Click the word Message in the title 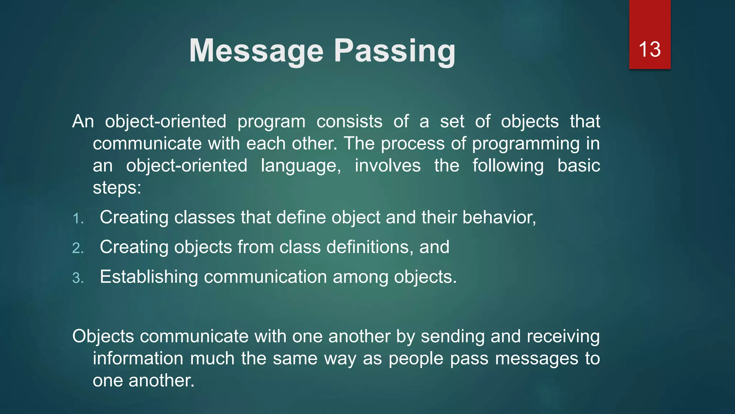click(256, 51)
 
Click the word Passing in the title click(394, 51)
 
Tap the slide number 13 click(649, 49)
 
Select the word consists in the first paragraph click(349, 121)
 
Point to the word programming click(525, 144)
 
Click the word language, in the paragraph click(301, 166)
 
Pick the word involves click(388, 166)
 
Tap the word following click(507, 166)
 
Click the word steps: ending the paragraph click(117, 188)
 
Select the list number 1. click(78, 218)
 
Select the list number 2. click(78, 248)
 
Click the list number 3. click(78, 278)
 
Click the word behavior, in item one click(499, 217)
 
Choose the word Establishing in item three click(149, 277)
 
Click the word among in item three click(360, 277)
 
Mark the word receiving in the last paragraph click(563, 337)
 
